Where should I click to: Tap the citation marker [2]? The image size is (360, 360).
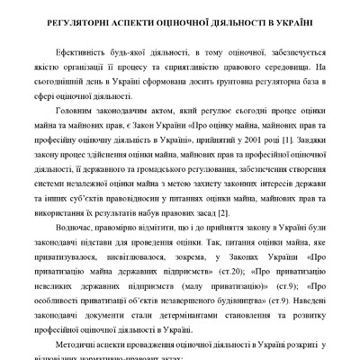223,212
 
